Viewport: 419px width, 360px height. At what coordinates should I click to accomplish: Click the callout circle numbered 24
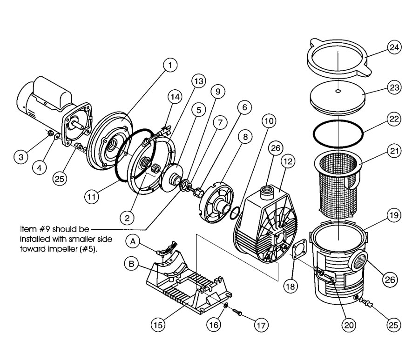click(394, 47)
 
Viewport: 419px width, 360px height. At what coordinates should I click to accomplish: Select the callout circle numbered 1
click(170, 65)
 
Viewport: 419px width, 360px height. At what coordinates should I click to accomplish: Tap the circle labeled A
click(133, 241)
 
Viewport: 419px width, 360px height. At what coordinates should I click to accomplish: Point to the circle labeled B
click(131, 264)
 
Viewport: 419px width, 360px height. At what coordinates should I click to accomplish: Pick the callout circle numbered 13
click(199, 81)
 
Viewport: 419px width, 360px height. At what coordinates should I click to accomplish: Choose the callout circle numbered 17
click(261, 325)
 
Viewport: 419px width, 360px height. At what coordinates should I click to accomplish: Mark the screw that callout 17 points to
click(237, 312)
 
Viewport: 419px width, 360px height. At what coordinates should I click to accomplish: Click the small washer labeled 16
click(226, 306)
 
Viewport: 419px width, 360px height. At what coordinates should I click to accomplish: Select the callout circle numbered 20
click(349, 325)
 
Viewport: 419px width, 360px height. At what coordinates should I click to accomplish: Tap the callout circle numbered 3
click(21, 157)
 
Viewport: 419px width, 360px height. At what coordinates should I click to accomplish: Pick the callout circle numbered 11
click(92, 197)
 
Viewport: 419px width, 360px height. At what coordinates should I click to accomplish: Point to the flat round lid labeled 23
click(338, 96)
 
